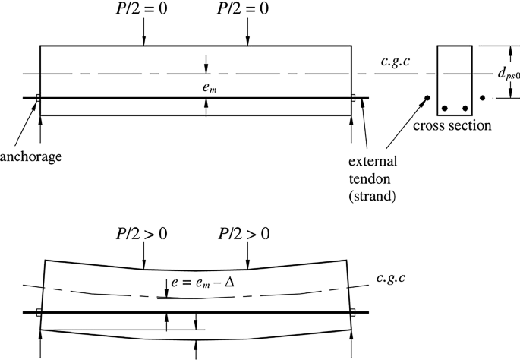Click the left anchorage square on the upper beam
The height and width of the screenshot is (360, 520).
[x=38, y=97]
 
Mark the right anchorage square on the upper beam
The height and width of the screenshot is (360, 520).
[x=353, y=97]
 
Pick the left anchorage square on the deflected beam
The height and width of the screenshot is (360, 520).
[x=38, y=312]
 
